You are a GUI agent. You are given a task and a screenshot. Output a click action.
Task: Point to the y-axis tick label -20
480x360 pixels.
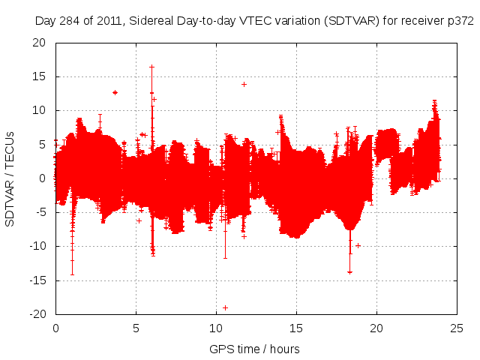tap(37, 314)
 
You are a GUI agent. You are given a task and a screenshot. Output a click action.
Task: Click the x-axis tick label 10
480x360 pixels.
tap(216, 328)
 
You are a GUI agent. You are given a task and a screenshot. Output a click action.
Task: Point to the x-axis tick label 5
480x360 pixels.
tap(136, 328)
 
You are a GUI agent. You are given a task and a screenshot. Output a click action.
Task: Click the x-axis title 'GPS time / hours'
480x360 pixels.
tap(254, 349)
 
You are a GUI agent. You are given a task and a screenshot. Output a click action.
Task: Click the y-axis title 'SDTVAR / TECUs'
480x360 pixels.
tap(10, 178)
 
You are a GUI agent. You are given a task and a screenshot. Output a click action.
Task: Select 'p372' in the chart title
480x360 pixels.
tap(458, 20)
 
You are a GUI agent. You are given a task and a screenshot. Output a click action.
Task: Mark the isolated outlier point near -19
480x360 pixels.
tap(225, 307)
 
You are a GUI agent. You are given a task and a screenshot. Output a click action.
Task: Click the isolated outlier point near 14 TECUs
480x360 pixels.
tap(244, 84)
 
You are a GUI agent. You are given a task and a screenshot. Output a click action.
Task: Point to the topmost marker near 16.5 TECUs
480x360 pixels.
tap(151, 66)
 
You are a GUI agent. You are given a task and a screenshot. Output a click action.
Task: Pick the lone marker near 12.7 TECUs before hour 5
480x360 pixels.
tap(115, 92)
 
